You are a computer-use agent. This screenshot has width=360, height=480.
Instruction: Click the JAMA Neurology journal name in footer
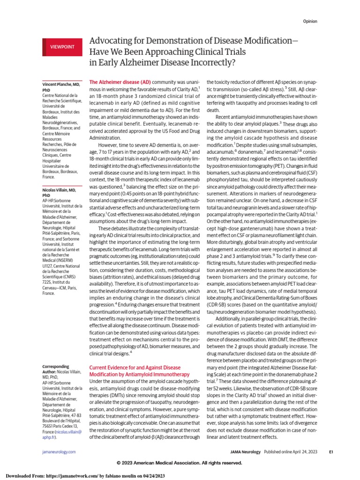[x=245, y=451]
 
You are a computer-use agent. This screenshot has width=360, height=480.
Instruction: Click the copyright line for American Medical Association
[x=180, y=463]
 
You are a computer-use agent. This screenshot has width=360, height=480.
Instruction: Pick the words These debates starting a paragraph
[x=112, y=228]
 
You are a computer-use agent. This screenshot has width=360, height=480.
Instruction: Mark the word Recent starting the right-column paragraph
[x=225, y=116]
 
